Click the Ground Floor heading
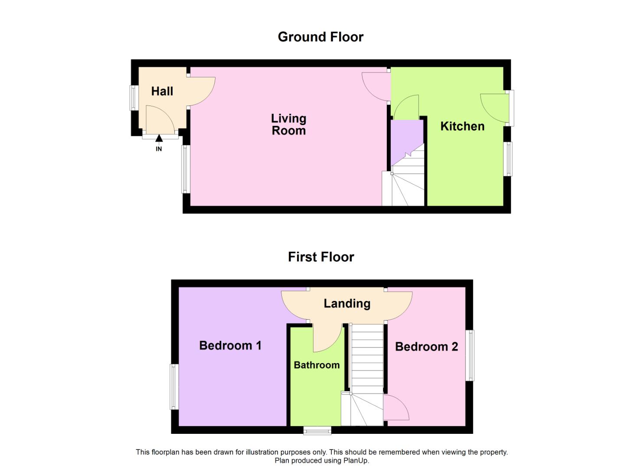click(320, 37)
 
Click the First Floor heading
click(321, 257)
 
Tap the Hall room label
click(162, 91)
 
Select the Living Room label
click(289, 125)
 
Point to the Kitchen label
click(462, 126)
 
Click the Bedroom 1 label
click(230, 346)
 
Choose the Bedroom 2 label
click(426, 347)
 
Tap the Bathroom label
click(317, 365)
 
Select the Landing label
click(347, 304)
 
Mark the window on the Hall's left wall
click(134, 98)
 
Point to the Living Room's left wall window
click(185, 169)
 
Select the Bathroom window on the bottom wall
click(317, 430)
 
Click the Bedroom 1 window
click(174, 386)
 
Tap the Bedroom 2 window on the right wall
click(470, 356)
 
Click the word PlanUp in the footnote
click(356, 461)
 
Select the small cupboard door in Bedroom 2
click(396, 408)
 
